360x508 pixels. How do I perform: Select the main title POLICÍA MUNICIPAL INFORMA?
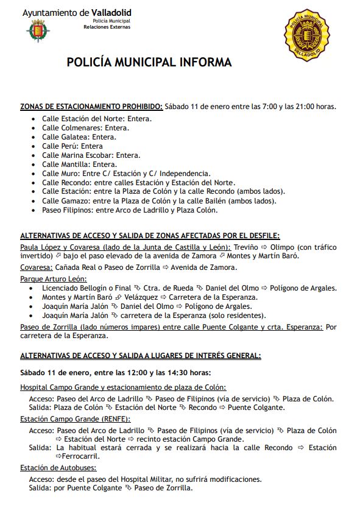coord(149,62)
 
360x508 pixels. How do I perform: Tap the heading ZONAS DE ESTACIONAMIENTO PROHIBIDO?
coord(91,107)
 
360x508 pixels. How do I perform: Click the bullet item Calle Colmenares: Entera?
coord(85,128)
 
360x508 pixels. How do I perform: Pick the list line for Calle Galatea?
coord(79,137)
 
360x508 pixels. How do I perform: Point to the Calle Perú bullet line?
coord(72,146)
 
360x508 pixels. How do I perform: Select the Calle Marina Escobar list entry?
coord(91,155)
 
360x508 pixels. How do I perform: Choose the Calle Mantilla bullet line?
coord(79,164)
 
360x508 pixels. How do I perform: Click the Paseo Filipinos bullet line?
coord(129,210)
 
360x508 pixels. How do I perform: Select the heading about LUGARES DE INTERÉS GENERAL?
coord(141,355)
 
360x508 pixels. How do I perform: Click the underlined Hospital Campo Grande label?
coord(122,387)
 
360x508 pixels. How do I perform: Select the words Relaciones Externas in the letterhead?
coord(107,27)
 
